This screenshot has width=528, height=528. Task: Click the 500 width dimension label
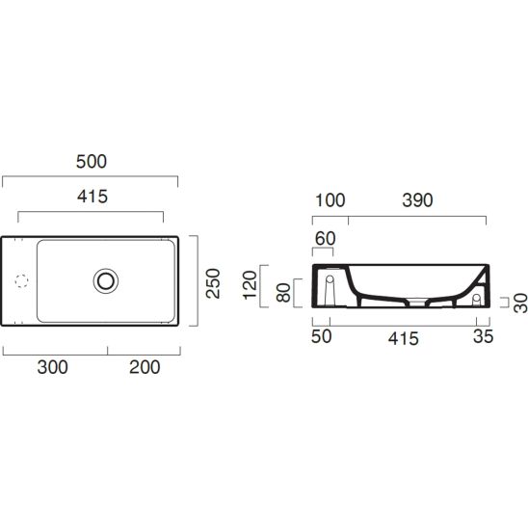point(92,161)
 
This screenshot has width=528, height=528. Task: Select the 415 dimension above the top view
point(92,197)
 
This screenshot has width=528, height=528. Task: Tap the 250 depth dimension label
point(213,283)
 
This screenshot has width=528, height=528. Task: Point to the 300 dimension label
point(53,367)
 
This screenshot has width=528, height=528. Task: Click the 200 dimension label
point(145,367)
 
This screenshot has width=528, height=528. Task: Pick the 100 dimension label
point(330,200)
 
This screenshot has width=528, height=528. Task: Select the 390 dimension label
point(417,200)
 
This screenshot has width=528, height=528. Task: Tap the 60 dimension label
point(326,238)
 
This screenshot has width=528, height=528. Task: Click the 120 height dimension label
point(250,285)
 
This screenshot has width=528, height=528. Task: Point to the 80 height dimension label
point(283,292)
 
